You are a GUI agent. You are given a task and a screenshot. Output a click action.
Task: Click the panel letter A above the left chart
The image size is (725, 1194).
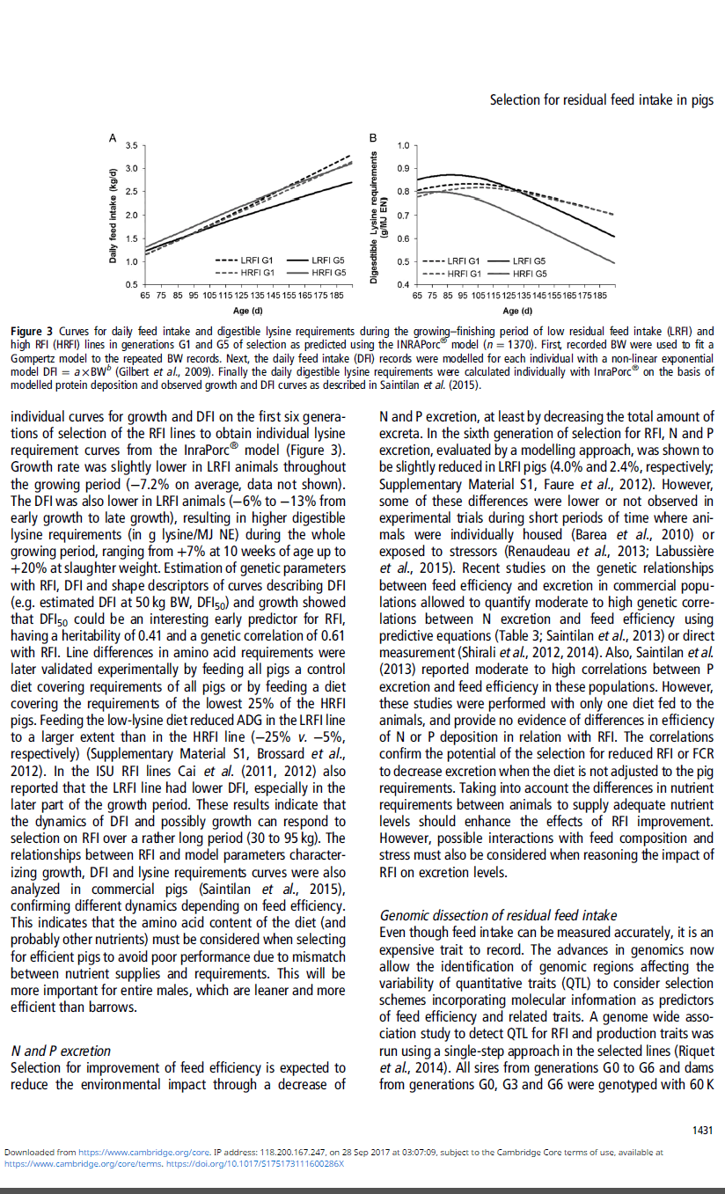[x=113, y=137]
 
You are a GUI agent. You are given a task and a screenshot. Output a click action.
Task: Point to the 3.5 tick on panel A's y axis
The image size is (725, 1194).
[x=131, y=144]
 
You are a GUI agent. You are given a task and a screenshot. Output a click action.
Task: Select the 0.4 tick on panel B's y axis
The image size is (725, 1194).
[x=402, y=285]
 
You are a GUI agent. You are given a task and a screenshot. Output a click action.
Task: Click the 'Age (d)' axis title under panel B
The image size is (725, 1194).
[x=517, y=310]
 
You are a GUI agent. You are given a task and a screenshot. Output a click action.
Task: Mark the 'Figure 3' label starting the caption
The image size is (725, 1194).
[x=32, y=330]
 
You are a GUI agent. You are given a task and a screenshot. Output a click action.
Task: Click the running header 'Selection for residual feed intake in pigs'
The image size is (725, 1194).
[x=601, y=99]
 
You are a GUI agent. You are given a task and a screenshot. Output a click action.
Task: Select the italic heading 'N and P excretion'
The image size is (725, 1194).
[x=61, y=1051]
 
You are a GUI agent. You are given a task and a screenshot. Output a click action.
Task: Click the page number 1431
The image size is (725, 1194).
[x=701, y=1130]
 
